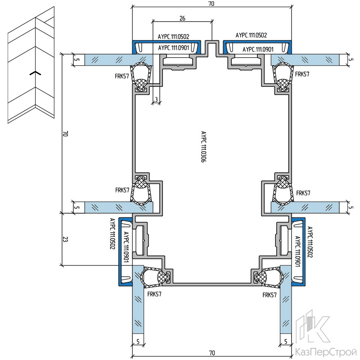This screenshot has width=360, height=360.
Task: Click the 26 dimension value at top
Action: (x=182, y=18)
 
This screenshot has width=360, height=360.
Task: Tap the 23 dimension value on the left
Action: (x=65, y=239)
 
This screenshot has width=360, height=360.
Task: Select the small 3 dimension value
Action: (x=156, y=99)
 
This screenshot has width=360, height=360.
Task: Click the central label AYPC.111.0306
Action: (x=204, y=147)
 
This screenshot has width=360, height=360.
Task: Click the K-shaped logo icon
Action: (x=312, y=327)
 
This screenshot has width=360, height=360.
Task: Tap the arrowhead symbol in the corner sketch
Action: (x=35, y=73)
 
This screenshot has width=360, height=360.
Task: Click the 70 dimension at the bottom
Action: (x=212, y=353)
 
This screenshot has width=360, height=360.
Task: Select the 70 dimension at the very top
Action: (x=211, y=4)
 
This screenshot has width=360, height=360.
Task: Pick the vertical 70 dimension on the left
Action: (x=65, y=134)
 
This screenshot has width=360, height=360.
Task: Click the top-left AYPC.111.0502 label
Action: (x=173, y=36)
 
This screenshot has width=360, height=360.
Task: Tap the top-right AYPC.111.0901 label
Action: (x=258, y=49)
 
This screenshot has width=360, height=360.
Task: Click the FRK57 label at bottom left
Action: (x=154, y=294)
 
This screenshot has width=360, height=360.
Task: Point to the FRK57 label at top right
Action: (x=302, y=74)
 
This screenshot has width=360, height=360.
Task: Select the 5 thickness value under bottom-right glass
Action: (x=286, y=342)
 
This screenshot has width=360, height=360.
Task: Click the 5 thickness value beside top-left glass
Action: (x=77, y=60)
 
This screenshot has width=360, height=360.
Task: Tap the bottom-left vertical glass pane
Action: (x=138, y=299)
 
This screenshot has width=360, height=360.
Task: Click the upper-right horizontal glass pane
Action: (x=305, y=60)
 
